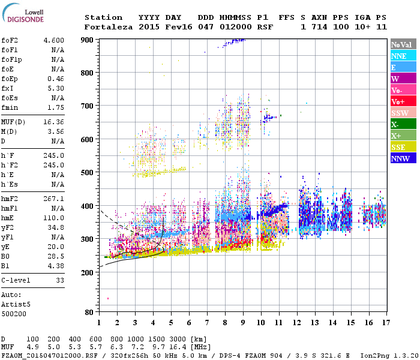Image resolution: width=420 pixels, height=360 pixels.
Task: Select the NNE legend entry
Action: pyautogui.click(x=403, y=56)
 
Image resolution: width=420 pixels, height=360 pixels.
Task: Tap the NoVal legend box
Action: pyautogui.click(x=403, y=44)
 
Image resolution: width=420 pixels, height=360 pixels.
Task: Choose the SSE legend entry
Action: pyautogui.click(x=403, y=148)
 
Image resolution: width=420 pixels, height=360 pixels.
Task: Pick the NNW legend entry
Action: pyautogui.click(x=403, y=159)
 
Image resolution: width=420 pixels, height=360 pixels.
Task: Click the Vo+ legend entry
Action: pyautogui.click(x=403, y=102)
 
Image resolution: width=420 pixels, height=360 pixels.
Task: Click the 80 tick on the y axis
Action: pyautogui.click(x=89, y=313)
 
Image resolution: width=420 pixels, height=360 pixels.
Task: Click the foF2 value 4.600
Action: pyautogui.click(x=54, y=40)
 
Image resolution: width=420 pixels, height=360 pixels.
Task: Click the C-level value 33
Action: pyautogui.click(x=59, y=280)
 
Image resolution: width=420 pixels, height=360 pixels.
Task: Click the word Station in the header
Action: pyautogui.click(x=103, y=17)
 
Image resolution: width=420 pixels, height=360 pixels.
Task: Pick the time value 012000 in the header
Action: pyautogui.click(x=235, y=27)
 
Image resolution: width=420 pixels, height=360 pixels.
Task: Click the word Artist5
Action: pyautogui.click(x=15, y=304)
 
